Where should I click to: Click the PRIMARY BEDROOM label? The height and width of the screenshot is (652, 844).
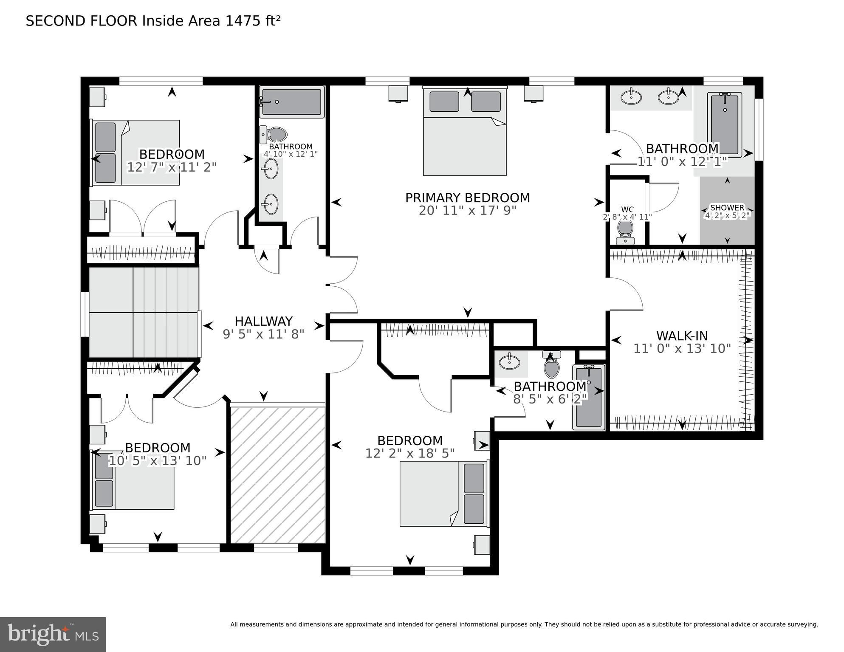pyautogui.click(x=467, y=198)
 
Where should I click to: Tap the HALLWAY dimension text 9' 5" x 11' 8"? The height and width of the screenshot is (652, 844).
pyautogui.click(x=263, y=334)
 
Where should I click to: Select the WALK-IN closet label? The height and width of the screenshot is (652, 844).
pyautogui.click(x=682, y=336)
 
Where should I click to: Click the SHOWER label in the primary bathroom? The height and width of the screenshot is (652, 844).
pyautogui.click(x=727, y=208)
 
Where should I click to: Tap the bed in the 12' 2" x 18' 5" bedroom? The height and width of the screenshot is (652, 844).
pyautogui.click(x=444, y=494)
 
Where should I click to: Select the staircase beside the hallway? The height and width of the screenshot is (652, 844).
pyautogui.click(x=144, y=312)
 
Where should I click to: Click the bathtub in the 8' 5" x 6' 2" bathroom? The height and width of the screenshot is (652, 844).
pyautogui.click(x=588, y=397)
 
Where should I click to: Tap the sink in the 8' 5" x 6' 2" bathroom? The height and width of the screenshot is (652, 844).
pyautogui.click(x=509, y=362)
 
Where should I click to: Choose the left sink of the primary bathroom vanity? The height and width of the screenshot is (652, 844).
pyautogui.click(x=631, y=97)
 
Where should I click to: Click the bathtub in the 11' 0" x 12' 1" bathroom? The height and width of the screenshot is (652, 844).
pyautogui.click(x=724, y=124)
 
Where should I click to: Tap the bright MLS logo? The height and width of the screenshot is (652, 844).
pyautogui.click(x=53, y=635)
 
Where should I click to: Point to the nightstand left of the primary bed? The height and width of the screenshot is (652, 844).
pyautogui.click(x=398, y=93)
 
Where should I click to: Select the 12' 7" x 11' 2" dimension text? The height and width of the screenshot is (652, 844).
pyautogui.click(x=172, y=167)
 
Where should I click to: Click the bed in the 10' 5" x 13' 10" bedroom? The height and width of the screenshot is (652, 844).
pyautogui.click(x=133, y=480)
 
